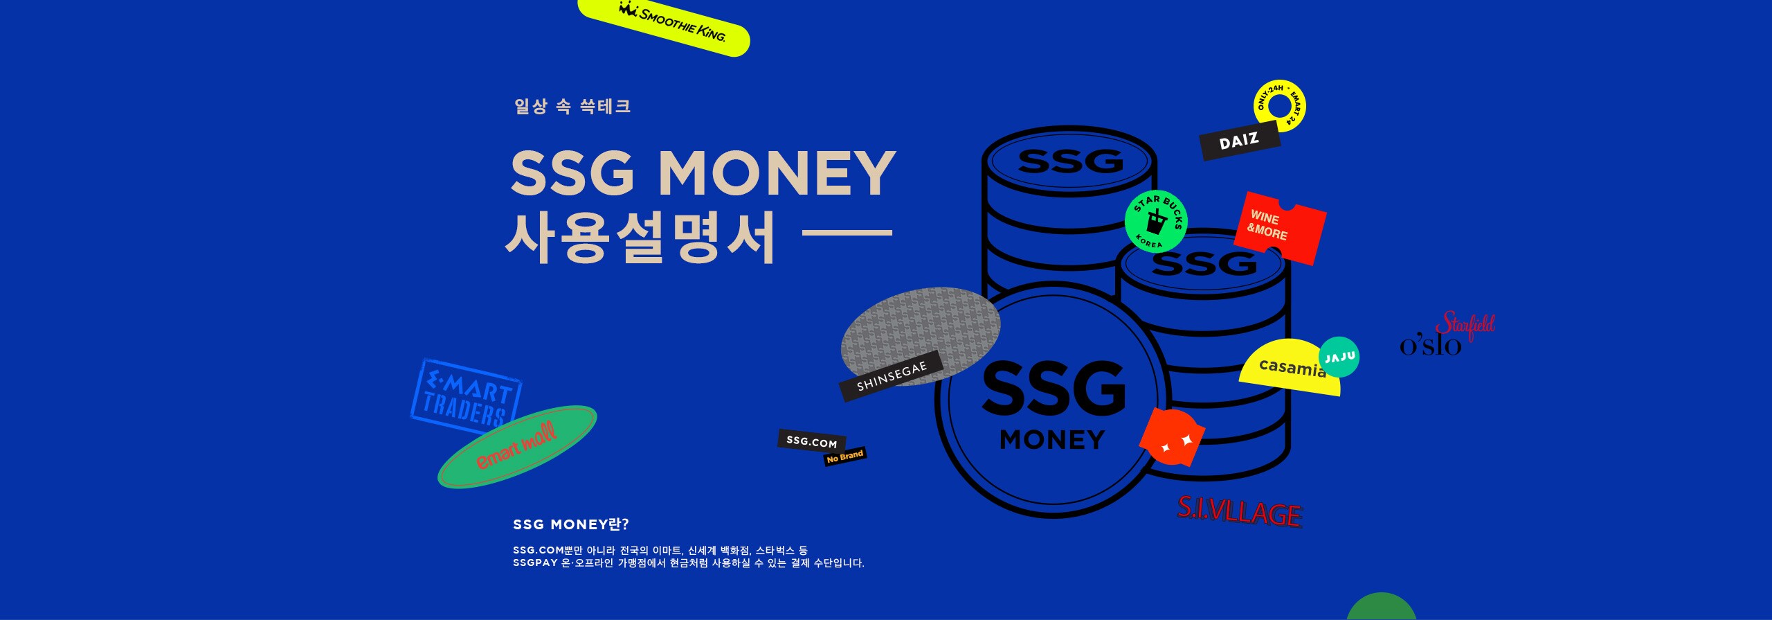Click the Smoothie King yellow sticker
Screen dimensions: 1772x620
(664, 26)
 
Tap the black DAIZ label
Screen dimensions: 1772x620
(1240, 141)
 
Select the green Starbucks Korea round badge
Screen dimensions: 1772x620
(1156, 221)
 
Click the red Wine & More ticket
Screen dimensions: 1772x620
(1280, 229)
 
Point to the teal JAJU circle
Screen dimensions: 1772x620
(1339, 357)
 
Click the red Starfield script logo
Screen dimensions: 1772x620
(1465, 326)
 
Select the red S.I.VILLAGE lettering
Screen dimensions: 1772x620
(1240, 512)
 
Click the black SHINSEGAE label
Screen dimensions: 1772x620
(891, 376)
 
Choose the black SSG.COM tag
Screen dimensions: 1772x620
(811, 441)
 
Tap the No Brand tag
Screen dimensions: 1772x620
(845, 456)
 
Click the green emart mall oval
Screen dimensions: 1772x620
(517, 446)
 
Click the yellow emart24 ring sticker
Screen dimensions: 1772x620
(1279, 106)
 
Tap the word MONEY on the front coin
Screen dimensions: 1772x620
(1052, 440)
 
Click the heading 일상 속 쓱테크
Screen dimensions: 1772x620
(572, 106)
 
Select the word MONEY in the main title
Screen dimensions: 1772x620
(777, 172)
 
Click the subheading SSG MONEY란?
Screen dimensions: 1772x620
(571, 524)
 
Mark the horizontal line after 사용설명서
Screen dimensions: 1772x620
(847, 233)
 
